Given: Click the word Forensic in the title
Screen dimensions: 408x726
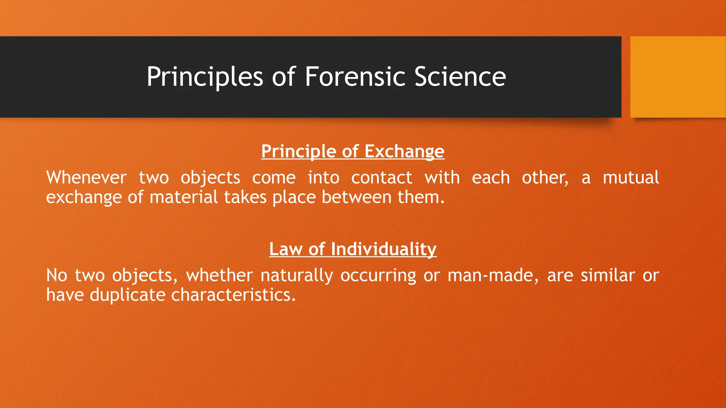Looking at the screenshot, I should tap(355, 77).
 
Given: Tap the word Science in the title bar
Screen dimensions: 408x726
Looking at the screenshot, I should tap(460, 77).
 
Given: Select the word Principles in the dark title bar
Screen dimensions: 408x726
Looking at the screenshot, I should tap(205, 77).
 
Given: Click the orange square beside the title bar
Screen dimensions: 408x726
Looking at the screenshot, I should tap(678, 77).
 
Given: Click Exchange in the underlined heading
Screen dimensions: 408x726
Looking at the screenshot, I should tap(404, 152).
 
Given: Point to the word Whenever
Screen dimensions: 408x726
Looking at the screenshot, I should tap(86, 177).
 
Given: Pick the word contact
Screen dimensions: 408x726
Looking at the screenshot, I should tap(381, 177).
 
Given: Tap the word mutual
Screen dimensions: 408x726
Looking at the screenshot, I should tap(631, 177).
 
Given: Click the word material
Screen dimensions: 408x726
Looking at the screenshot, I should tap(184, 197).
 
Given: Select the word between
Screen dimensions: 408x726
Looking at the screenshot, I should tap(356, 197).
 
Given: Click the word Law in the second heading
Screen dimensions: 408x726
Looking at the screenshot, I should tap(285, 249).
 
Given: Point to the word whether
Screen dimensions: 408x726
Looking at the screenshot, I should tap(220, 276).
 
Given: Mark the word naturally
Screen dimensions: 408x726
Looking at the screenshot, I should tap(297, 276).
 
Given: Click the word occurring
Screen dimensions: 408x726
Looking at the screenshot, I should tap(378, 276).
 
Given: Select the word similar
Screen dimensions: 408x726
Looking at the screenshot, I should tap(608, 276).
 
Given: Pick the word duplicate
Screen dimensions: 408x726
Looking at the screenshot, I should tap(127, 295).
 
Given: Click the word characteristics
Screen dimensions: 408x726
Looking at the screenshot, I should tap(233, 295).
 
